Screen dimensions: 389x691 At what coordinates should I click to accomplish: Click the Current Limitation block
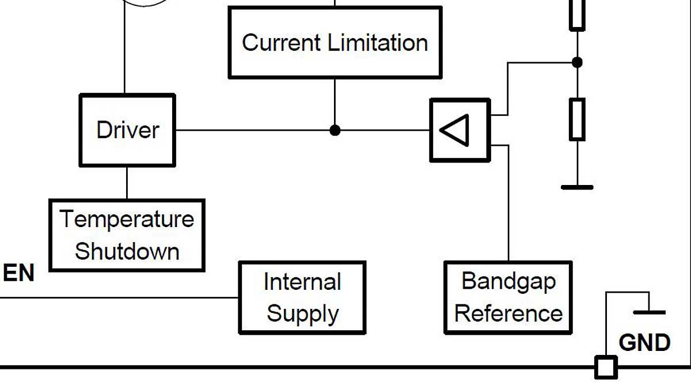(x=335, y=43)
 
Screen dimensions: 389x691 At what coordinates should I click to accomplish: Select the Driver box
(x=127, y=130)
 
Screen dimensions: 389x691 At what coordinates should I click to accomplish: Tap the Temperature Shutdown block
(x=127, y=235)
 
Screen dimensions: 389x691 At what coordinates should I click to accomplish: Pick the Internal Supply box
(x=302, y=298)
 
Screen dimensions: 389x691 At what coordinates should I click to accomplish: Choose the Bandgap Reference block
(x=508, y=298)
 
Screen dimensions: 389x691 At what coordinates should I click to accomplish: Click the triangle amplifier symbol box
(x=460, y=130)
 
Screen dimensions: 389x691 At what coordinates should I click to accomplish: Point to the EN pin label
(x=18, y=273)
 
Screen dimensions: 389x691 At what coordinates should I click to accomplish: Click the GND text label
(x=644, y=343)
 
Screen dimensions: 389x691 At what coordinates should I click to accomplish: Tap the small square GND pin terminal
(x=606, y=367)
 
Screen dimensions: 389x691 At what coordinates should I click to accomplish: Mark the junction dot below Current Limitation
(x=335, y=130)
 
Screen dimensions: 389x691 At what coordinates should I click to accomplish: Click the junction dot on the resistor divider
(x=578, y=62)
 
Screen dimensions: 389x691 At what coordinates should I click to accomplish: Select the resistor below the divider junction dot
(x=578, y=119)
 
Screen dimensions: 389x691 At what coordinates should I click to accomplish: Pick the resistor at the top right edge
(x=578, y=14)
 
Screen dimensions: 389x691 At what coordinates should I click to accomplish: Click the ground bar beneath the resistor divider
(x=578, y=187)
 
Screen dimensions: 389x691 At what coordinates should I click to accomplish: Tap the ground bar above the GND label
(x=649, y=312)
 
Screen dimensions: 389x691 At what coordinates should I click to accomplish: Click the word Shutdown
(x=127, y=252)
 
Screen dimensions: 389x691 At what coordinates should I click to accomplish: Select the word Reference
(x=508, y=314)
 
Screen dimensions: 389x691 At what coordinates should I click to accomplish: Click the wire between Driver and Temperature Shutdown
(x=127, y=183)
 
